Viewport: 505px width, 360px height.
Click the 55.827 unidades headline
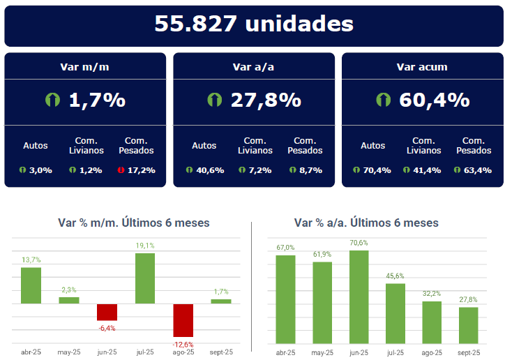coord(253,24)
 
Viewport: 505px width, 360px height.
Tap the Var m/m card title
coord(85,68)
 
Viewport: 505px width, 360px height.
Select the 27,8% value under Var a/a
coord(266,100)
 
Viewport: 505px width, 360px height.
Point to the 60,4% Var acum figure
coord(434,100)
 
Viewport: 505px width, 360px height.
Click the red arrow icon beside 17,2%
coord(121,170)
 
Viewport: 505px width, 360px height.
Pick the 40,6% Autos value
coord(210,170)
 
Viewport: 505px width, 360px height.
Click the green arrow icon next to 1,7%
coord(53,100)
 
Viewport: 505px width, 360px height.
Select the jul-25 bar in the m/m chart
coord(144,278)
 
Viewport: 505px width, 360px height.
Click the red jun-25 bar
coord(107,312)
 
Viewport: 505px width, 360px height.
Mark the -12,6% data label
coord(183,345)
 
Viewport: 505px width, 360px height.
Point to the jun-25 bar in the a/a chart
coord(359,297)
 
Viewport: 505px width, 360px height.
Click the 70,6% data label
coord(359,243)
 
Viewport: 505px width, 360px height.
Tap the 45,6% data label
coord(395,276)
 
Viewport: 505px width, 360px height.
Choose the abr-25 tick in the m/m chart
coord(31,352)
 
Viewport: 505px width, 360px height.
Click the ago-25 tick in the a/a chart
coord(432,352)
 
